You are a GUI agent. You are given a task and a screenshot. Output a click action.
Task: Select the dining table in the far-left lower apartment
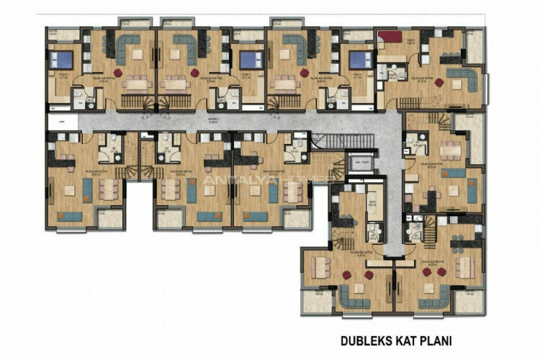click(x=109, y=189)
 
